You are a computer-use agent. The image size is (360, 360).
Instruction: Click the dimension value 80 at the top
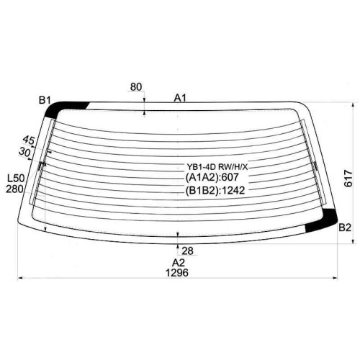click(136, 86)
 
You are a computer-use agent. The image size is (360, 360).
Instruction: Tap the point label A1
click(180, 98)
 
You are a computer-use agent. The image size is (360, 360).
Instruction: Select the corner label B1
click(45, 100)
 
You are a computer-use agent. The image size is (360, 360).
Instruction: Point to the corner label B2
click(345, 228)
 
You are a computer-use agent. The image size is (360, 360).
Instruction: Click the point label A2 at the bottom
click(179, 263)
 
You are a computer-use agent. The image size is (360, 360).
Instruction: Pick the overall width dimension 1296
click(177, 273)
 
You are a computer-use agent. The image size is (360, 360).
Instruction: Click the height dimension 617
click(348, 179)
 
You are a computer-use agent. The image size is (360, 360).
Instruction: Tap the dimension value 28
click(187, 251)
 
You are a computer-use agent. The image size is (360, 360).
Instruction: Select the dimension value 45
click(29, 140)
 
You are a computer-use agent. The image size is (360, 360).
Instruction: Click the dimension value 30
click(25, 152)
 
